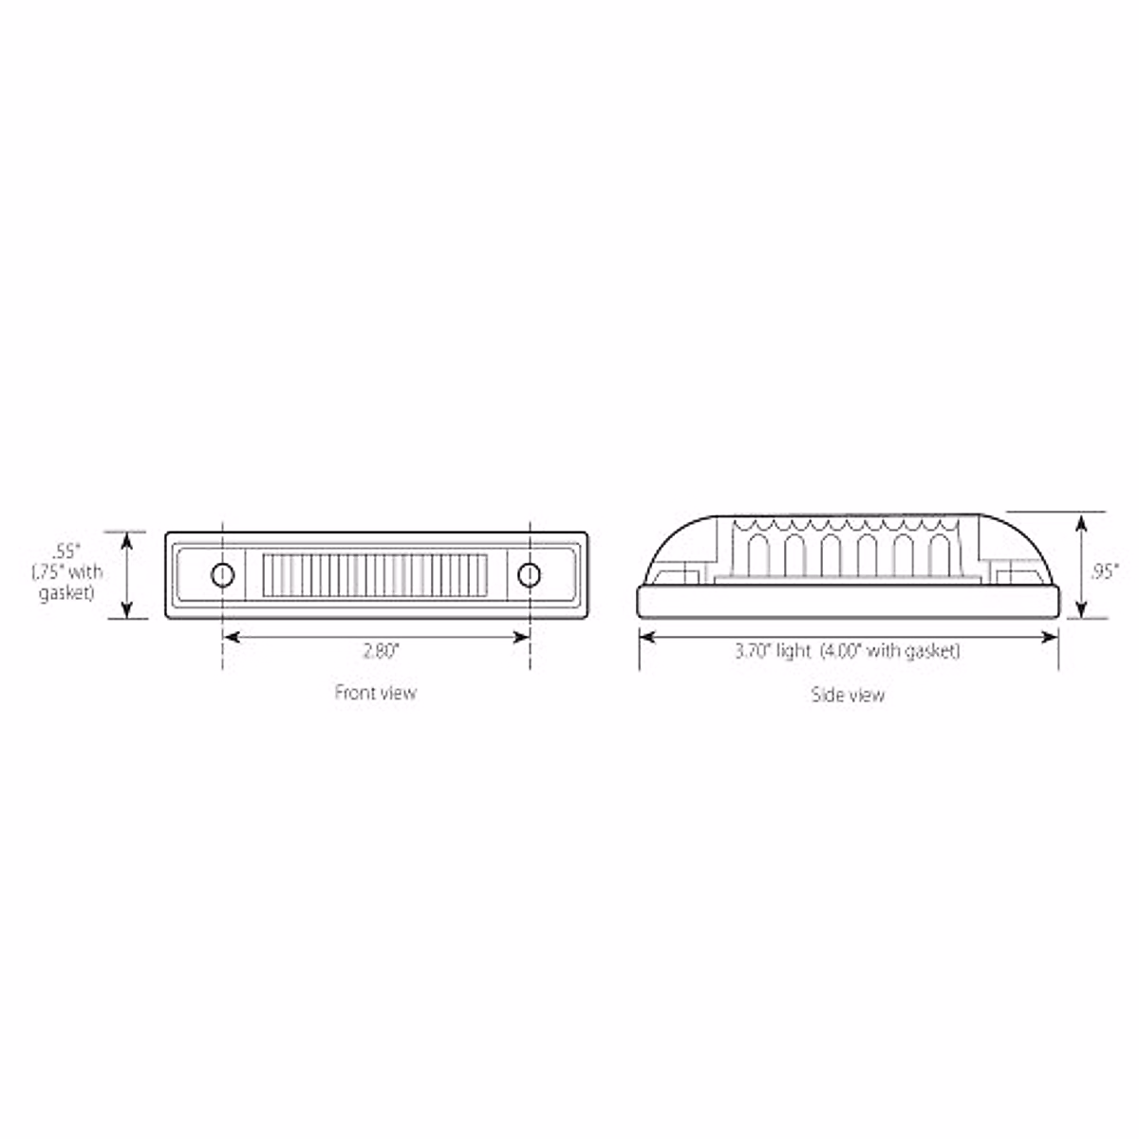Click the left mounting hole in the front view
222,574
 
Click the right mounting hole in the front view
529,574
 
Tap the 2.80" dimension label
380,650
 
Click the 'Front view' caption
375,693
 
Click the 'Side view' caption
848,695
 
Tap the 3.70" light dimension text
773,651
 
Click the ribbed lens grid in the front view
375,574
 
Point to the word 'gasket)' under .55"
66,594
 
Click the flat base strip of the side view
848,602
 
